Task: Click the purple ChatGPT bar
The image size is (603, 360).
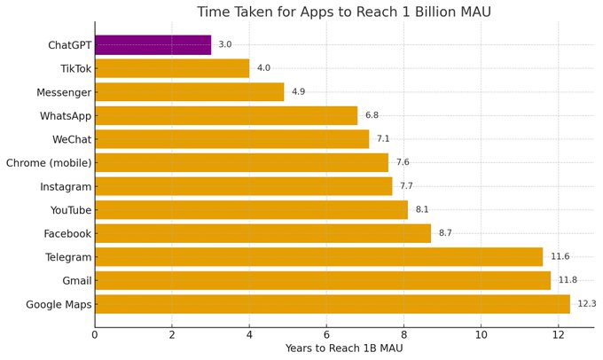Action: pos(153,44)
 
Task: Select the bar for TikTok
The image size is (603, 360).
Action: pos(172,68)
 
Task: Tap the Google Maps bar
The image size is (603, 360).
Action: pos(332,304)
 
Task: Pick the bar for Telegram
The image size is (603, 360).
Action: pos(318,257)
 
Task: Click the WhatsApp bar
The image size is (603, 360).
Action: pos(226,115)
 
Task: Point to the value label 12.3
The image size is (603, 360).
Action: pos(587,304)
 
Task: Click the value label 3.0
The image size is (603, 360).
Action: pos(225,44)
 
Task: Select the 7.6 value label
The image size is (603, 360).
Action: pos(403,162)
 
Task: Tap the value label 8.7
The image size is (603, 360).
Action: pos(445,233)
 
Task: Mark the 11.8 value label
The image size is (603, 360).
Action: pos(568,280)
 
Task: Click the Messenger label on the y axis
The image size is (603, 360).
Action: pos(64,92)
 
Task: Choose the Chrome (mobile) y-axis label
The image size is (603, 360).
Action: pos(49,162)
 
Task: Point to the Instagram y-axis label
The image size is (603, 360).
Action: pos(66,186)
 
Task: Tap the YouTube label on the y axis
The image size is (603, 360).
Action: pos(68,210)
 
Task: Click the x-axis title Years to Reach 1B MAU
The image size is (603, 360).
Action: pos(344,348)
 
